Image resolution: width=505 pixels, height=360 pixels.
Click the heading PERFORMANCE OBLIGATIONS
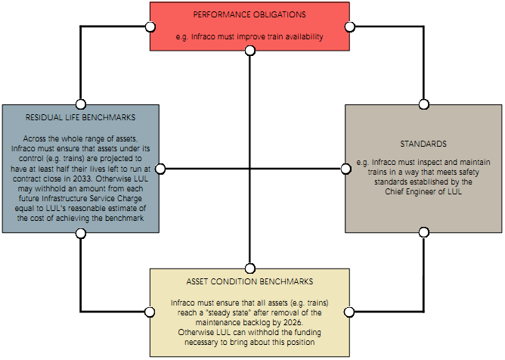point(249,14)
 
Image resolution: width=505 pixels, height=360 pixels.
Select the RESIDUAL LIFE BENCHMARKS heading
point(80,118)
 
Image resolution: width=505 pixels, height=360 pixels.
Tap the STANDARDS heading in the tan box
point(423,143)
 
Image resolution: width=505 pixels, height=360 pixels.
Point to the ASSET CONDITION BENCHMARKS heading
point(249,281)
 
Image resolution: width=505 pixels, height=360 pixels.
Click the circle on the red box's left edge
point(150,26)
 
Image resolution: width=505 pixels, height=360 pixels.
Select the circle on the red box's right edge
point(349,26)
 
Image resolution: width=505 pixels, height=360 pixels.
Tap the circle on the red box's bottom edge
point(249,51)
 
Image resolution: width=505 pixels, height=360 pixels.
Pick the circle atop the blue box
point(80,104)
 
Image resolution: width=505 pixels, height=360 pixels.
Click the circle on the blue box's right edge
point(160,168)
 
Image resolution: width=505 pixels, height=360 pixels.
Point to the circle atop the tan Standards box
point(423,104)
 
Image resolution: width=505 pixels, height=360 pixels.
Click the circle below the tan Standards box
point(423,232)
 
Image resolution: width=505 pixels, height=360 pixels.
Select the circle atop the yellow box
point(249,268)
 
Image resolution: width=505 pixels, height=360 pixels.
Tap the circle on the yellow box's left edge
point(150,312)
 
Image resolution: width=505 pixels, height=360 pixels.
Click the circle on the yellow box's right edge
point(349,312)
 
